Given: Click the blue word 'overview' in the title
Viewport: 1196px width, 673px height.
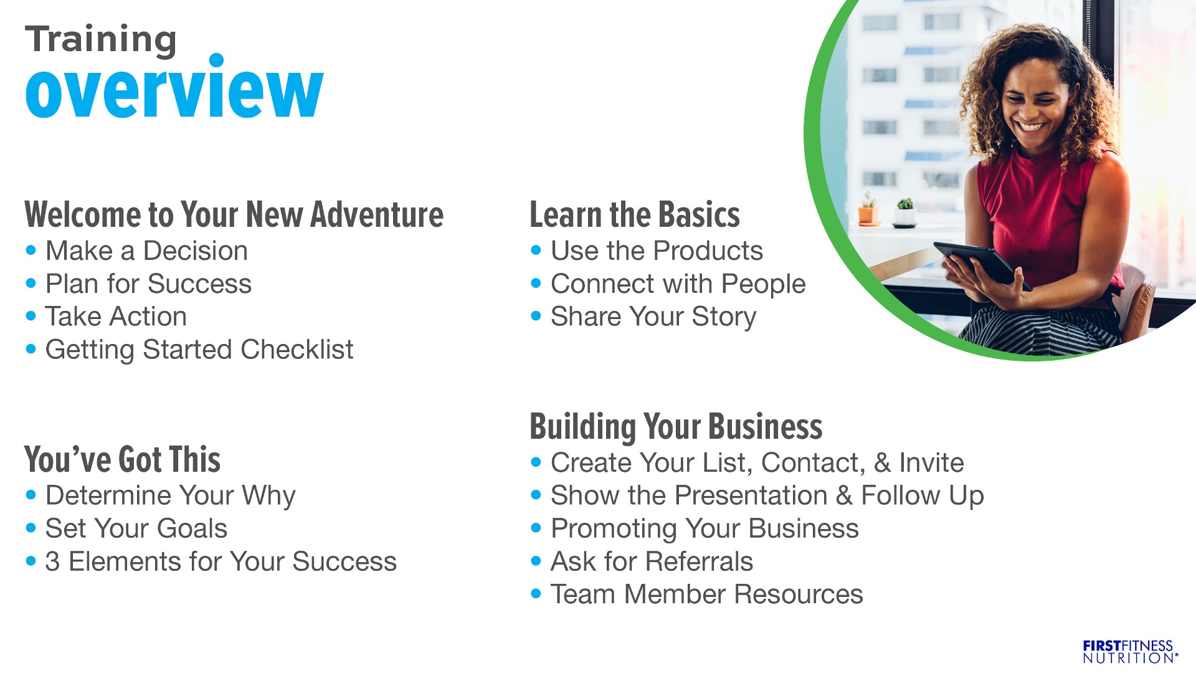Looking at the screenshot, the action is (x=174, y=87).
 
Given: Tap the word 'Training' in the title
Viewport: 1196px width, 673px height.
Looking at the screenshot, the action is (x=101, y=40).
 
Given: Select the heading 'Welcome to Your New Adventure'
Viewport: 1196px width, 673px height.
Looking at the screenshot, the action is (x=234, y=214).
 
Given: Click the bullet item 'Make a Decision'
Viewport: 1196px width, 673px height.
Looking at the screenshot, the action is (x=146, y=251).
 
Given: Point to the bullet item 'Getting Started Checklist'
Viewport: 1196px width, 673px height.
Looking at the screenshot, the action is (x=199, y=350).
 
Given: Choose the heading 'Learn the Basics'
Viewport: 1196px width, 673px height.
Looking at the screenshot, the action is (x=635, y=214).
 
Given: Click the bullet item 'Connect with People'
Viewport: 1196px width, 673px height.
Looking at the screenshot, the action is (x=678, y=284).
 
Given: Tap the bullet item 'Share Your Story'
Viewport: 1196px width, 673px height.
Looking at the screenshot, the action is (x=653, y=317).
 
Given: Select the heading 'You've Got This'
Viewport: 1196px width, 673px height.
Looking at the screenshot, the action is (x=123, y=459).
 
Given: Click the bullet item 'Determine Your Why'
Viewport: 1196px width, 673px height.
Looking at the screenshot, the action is (x=171, y=496).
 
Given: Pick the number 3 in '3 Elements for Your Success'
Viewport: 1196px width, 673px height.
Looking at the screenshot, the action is (x=52, y=561).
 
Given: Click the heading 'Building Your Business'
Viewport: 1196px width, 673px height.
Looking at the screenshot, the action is (x=676, y=427).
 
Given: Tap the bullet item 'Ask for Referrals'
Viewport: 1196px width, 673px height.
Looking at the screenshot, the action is (x=652, y=561).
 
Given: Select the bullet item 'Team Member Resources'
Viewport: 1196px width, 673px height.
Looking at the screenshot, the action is (x=707, y=594).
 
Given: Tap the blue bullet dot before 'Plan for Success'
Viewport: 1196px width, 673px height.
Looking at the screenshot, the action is (x=31, y=284).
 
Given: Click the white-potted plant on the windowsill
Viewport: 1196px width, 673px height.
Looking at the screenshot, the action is (x=905, y=212).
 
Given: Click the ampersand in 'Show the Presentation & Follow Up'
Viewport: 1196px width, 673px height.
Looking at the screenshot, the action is (x=844, y=496).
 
